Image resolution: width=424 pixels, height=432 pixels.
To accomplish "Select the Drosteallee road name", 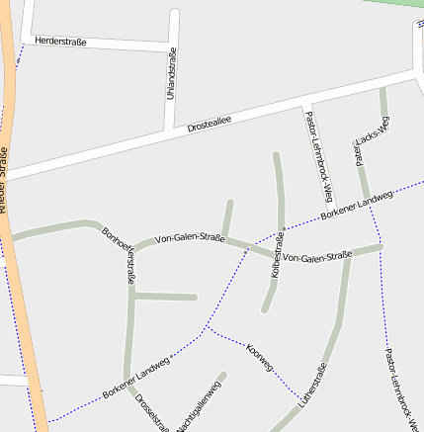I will (x=209, y=122).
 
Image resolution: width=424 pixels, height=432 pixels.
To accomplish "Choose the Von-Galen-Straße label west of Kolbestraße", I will (x=190, y=237).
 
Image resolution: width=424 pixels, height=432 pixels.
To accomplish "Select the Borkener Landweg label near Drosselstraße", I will (x=135, y=380).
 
